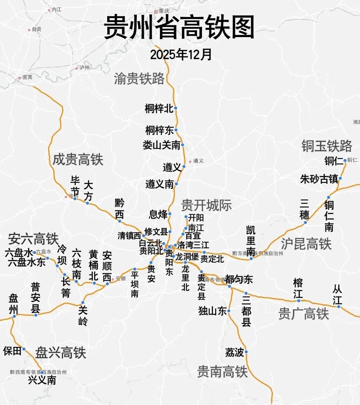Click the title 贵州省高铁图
point(179,27)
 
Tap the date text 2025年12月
point(181,54)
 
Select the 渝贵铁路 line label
point(139,79)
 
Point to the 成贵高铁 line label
point(78,160)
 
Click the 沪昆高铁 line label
point(306,244)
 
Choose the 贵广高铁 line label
point(304,314)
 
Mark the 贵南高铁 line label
point(222,372)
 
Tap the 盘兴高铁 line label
point(61,353)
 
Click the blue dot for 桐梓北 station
point(175,108)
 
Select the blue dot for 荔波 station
point(246,352)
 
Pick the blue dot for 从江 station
point(339,306)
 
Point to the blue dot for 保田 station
point(24,349)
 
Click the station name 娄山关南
point(161,145)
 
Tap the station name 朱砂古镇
point(319,179)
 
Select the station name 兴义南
point(42,380)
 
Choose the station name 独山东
point(213,311)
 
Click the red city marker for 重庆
point(156,11)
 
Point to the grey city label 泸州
point(84,67)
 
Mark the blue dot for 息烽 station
point(169,214)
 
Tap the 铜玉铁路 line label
point(327,146)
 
